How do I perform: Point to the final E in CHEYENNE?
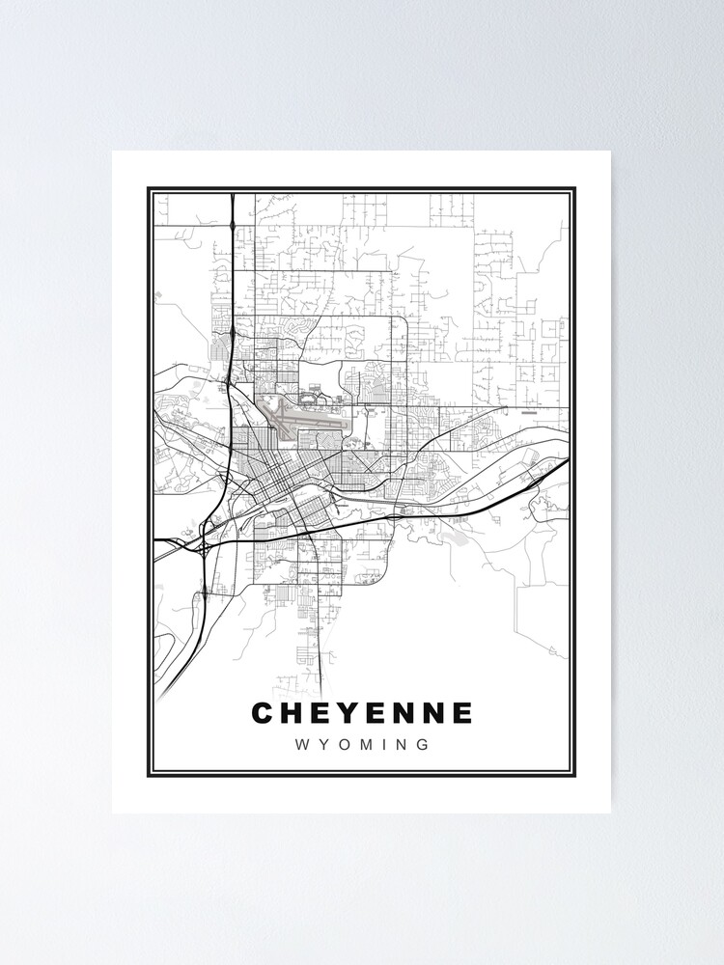pyautogui.click(x=462, y=713)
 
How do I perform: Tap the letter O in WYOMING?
pyautogui.click(x=344, y=745)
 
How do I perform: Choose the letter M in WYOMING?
pyautogui.click(x=367, y=745)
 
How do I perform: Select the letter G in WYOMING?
pyautogui.click(x=422, y=745)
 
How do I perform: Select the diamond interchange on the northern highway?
pyautogui.click(x=233, y=226)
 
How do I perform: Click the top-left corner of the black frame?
pyautogui.click(x=149, y=188)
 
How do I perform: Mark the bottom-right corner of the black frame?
pyautogui.click(x=574, y=776)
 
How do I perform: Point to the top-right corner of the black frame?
pyautogui.click(x=574, y=188)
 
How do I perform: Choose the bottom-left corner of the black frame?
pyautogui.click(x=149, y=776)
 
